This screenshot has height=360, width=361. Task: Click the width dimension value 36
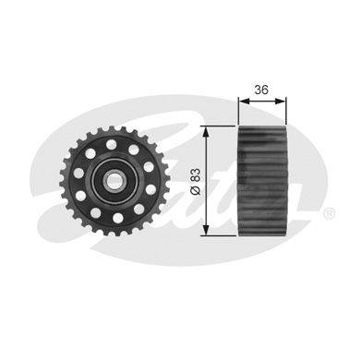tap(261, 90)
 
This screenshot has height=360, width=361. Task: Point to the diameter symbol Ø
tap(196, 190)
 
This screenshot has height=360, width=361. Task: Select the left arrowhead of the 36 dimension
tap(244, 101)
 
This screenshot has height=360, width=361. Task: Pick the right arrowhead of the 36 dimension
tap(281, 101)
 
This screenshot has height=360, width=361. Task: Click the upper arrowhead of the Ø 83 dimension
tap(206, 132)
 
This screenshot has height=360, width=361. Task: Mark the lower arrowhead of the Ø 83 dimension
tap(206, 230)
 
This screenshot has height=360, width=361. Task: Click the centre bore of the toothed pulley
tap(114, 180)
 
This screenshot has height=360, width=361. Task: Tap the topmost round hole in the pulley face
tap(111, 144)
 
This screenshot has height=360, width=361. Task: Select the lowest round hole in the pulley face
tap(118, 218)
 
